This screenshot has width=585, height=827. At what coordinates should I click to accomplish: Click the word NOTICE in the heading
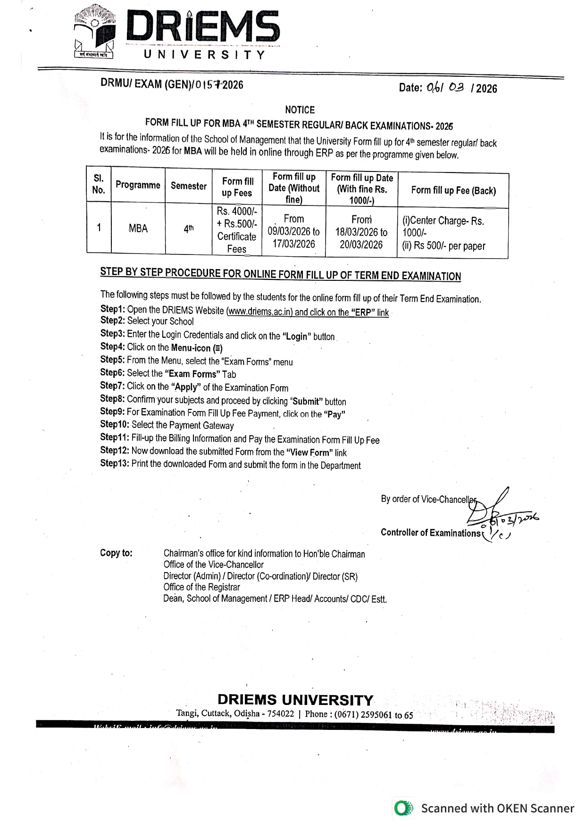coord(300,110)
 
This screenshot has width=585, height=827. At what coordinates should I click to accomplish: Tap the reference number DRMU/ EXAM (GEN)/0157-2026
coord(172,84)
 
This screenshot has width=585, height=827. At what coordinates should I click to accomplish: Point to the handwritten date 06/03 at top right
coord(445,87)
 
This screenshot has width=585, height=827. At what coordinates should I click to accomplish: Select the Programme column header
coord(138,185)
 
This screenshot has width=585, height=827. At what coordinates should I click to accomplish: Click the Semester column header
coord(188,186)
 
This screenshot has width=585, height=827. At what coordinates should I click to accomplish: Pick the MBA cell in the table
coord(138,229)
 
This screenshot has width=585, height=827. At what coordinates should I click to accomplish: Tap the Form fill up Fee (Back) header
coord(453,190)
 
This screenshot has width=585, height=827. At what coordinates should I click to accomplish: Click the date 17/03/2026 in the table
coord(293,244)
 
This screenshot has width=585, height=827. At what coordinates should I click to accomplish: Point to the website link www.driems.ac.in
coord(260,311)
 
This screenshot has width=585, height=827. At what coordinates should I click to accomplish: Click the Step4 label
coord(112,347)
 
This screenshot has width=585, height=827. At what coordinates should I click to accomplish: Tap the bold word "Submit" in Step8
coord(307,401)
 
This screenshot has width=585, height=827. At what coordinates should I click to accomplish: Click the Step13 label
coord(115,464)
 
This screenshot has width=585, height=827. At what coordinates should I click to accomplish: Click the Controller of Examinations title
coord(430,532)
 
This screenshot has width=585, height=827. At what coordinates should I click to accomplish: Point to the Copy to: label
coord(116,553)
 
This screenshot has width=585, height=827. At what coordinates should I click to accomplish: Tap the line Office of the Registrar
coord(201,587)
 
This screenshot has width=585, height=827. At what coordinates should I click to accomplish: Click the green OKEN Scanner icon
coord(403,808)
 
